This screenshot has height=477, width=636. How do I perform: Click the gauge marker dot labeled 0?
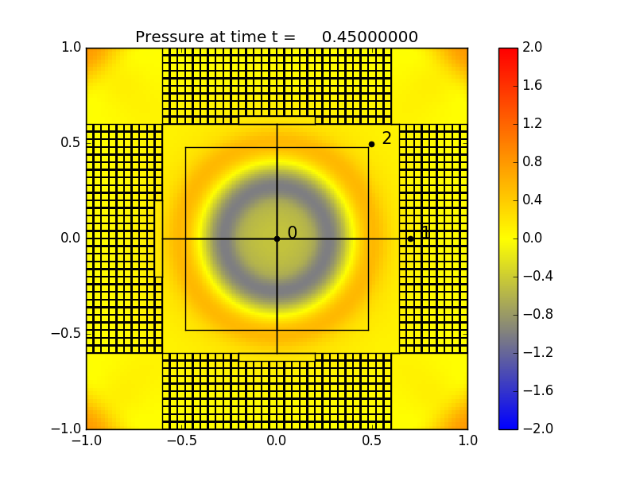coord(277,238)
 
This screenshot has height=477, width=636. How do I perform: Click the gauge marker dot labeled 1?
coord(410,238)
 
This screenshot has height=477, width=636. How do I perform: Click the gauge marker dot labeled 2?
coord(371,144)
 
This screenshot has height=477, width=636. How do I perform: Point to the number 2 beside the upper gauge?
coord(386,138)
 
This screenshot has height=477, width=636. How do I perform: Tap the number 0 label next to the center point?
coord(292,233)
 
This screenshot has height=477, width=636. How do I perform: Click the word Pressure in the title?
coord(165,37)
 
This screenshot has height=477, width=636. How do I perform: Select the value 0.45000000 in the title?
coord(370,37)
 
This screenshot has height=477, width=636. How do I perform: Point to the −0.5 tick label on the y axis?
coord(67,333)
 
